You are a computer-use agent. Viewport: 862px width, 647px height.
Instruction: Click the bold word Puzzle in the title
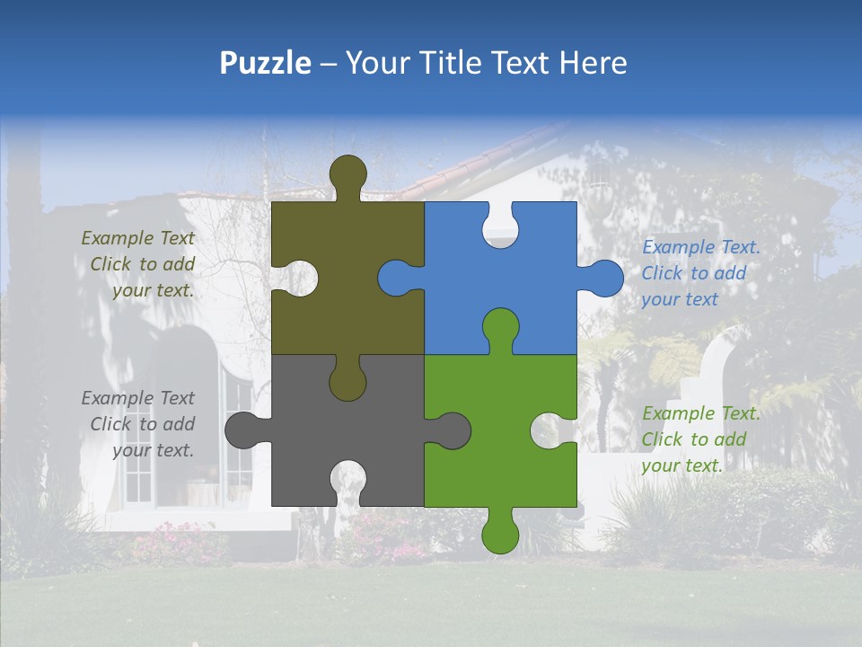coord(265,63)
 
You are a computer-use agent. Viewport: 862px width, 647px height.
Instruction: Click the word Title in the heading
coord(468,63)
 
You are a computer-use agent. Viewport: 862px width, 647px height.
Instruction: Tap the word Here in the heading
coord(593,63)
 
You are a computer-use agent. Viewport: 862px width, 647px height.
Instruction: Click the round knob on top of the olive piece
coord(347,173)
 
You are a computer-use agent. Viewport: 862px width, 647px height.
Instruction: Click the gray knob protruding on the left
coord(242,430)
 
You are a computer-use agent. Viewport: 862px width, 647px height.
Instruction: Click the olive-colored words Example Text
coord(137,238)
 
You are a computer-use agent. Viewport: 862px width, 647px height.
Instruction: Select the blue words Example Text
coord(700,247)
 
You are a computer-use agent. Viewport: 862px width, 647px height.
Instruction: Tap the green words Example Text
coord(700,413)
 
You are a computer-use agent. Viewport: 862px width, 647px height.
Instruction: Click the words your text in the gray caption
coord(153,450)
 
